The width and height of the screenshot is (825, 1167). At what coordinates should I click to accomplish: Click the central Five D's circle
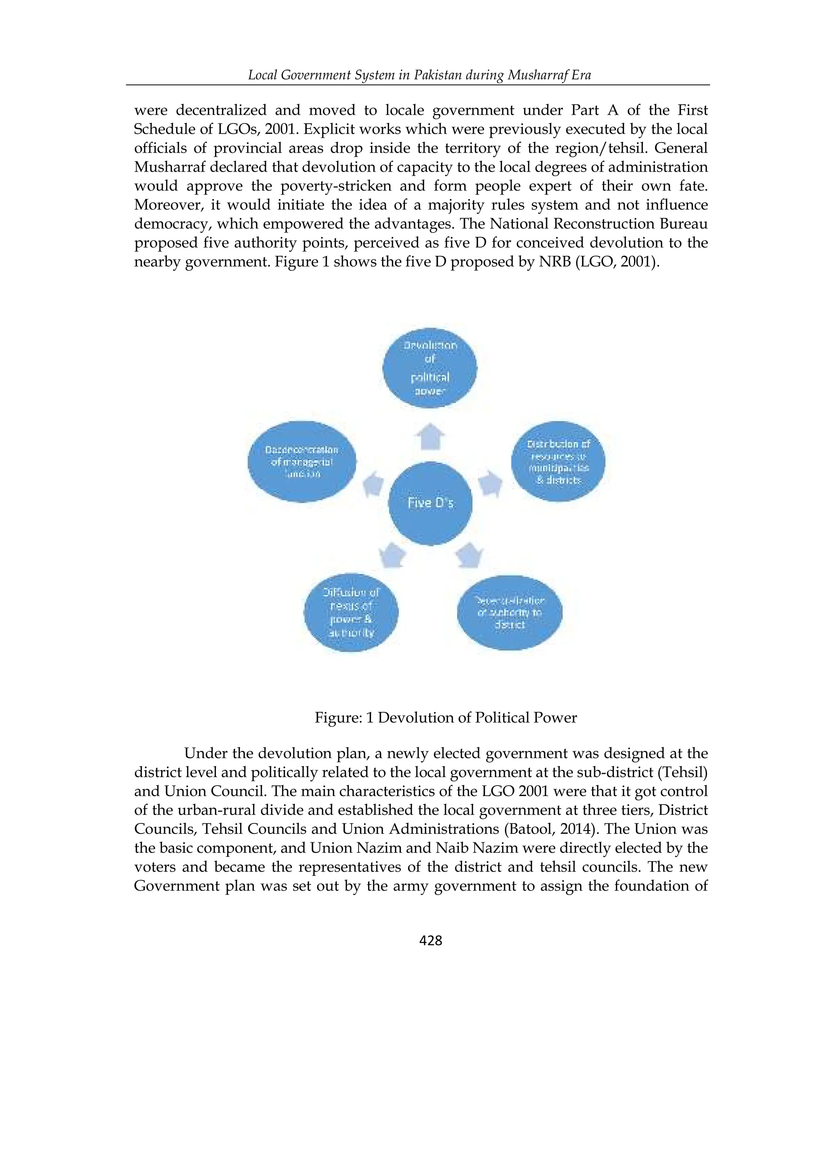click(430, 503)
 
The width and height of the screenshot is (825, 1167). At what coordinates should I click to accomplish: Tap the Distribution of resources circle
click(558, 462)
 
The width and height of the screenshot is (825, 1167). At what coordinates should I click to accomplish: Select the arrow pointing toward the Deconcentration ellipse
click(373, 483)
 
